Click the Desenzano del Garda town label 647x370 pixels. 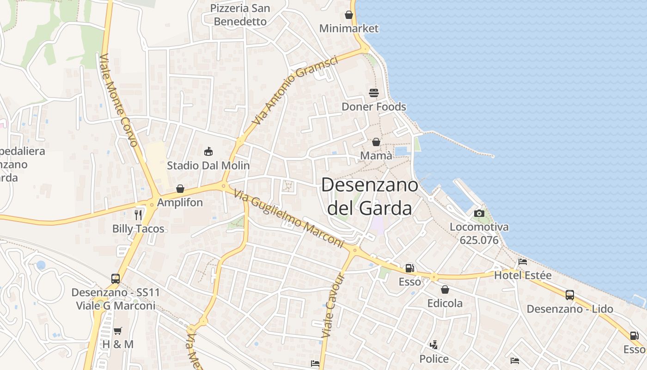[370, 197]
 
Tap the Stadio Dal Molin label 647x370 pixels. [208, 165]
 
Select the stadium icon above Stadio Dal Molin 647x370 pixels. [208, 151]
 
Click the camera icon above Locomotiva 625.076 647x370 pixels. [479, 213]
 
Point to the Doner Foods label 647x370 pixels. [374, 107]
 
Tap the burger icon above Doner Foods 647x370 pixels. [374, 93]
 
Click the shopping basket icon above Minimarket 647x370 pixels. [349, 15]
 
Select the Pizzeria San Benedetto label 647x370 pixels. [240, 15]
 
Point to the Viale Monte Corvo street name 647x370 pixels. [118, 101]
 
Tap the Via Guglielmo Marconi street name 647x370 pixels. [289, 218]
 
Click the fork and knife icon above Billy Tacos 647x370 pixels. [138, 215]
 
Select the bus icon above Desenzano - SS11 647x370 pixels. [116, 279]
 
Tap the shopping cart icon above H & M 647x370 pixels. [118, 331]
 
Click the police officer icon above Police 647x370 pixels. [433, 345]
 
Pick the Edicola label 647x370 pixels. [445, 303]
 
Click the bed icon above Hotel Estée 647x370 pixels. [523, 262]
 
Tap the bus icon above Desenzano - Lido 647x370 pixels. [570, 295]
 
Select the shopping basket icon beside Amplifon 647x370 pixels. [180, 189]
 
